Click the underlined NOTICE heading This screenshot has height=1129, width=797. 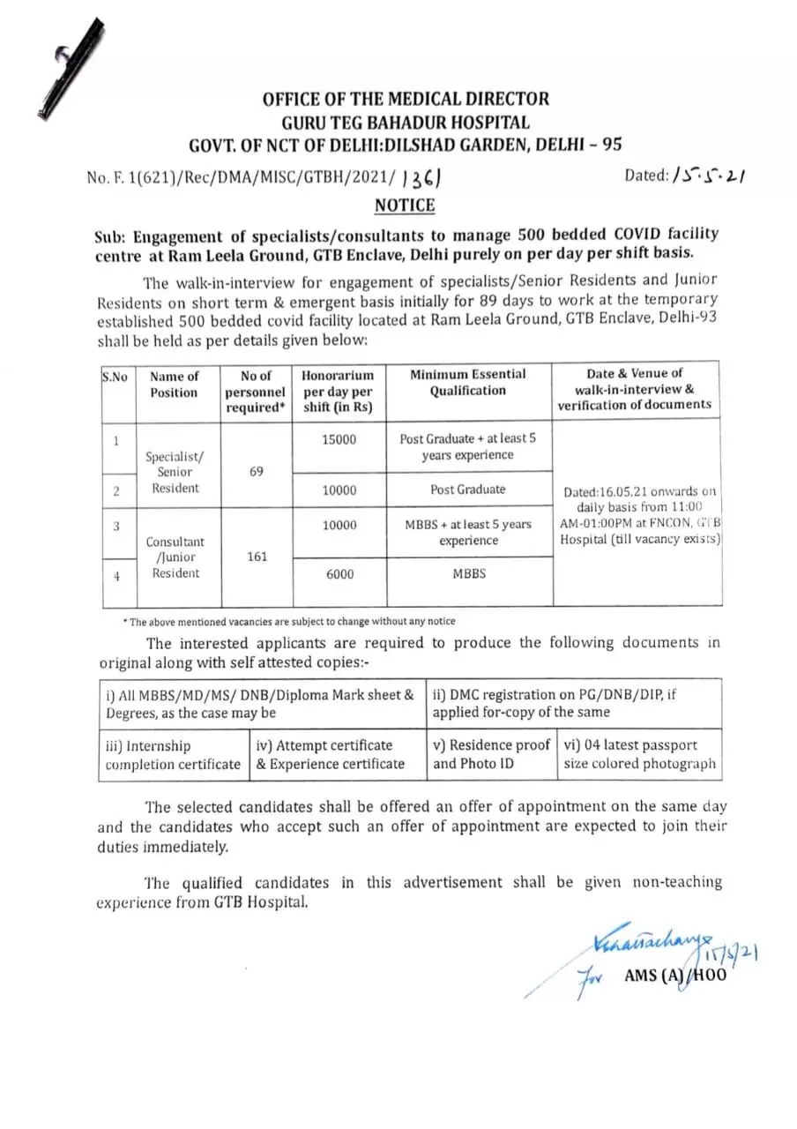405,206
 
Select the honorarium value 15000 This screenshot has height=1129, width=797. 339,438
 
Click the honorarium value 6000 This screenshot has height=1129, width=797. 339,574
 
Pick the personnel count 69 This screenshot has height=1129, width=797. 256,472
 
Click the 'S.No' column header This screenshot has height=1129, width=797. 115,377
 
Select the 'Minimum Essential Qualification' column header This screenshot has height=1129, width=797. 468,383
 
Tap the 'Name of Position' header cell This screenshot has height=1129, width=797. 174,384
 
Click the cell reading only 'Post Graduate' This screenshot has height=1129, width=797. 468,490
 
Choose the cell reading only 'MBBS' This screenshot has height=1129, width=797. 468,573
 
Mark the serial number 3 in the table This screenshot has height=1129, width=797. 116,525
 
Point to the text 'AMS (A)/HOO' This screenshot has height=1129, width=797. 675,976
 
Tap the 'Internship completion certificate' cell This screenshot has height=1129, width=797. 172,755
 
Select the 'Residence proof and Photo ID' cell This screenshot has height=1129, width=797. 490,755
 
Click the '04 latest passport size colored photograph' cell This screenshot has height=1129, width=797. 640,755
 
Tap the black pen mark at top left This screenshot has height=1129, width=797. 66,66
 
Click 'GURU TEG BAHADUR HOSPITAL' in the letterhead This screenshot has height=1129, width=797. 405,123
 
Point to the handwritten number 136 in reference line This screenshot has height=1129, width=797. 422,179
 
